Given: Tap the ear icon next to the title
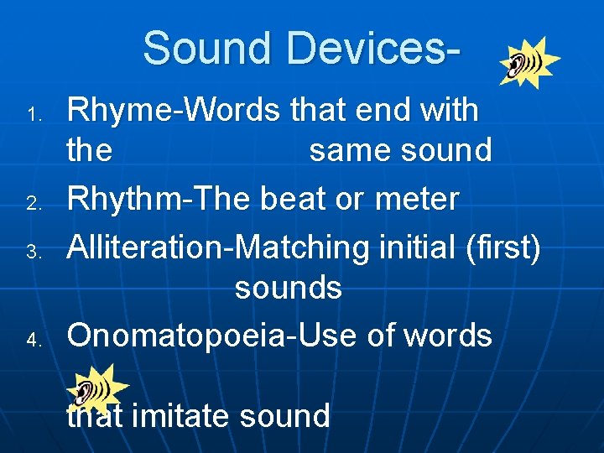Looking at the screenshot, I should coord(528,63).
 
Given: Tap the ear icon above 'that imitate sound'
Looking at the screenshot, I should coord(97,388).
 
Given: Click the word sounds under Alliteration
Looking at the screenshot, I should coord(288,288).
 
